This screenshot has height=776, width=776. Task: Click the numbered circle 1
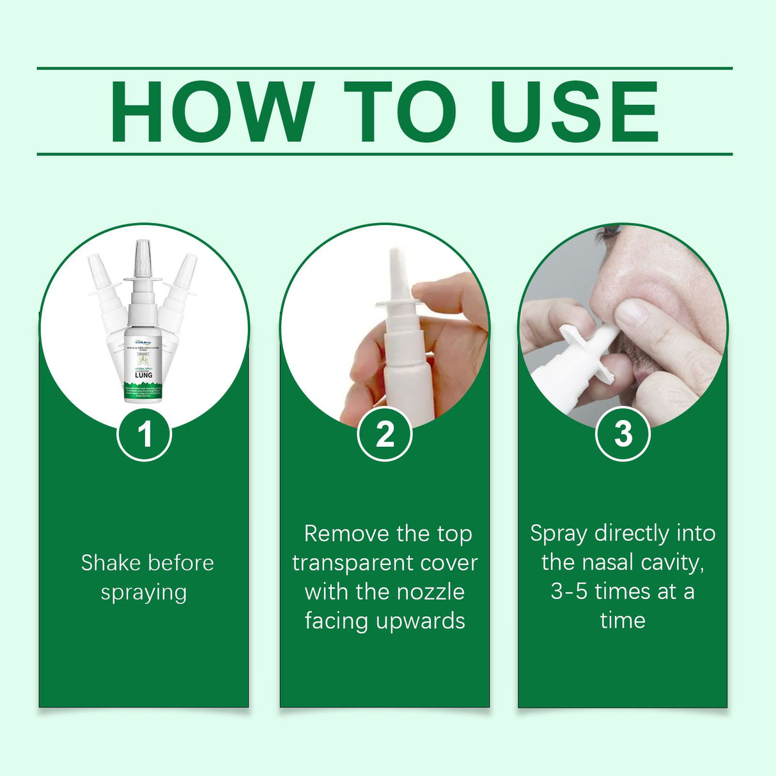(x=144, y=435)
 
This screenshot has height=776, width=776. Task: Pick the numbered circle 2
(x=385, y=435)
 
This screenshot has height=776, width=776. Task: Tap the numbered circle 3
(x=623, y=435)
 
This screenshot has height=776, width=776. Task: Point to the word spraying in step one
(x=144, y=593)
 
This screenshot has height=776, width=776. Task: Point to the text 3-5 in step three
(x=569, y=592)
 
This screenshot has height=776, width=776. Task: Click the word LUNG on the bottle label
(x=143, y=375)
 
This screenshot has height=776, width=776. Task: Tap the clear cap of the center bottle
(x=142, y=258)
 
